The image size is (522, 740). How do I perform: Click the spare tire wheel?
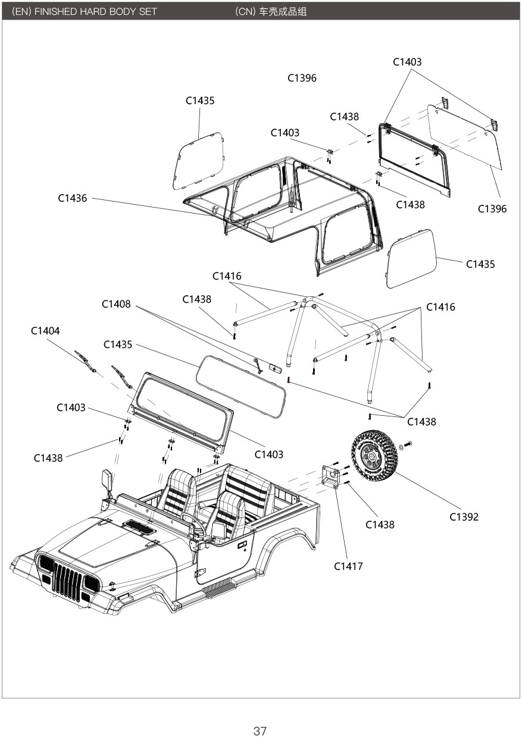pyautogui.click(x=374, y=456)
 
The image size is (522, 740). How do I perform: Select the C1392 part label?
pyautogui.click(x=464, y=517)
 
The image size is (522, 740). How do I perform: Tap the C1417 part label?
pyautogui.click(x=348, y=566)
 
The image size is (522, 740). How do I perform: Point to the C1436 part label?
pyautogui.click(x=72, y=198)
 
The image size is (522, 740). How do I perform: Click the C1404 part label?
pyautogui.click(x=45, y=331)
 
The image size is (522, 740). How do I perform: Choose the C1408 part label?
pyautogui.click(x=116, y=304)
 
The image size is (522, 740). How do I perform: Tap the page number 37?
pyautogui.click(x=260, y=732)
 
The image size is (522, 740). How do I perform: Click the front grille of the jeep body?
pyautogui.click(x=67, y=581)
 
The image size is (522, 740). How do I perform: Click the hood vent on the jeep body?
pyautogui.click(x=139, y=526)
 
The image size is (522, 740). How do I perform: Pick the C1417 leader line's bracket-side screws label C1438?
pyautogui.click(x=380, y=525)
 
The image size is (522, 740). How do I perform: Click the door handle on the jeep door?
pyautogui.click(x=242, y=545)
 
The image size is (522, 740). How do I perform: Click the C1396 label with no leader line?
pyautogui.click(x=302, y=78)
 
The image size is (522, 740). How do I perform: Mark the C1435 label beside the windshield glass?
pyautogui.click(x=118, y=345)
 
